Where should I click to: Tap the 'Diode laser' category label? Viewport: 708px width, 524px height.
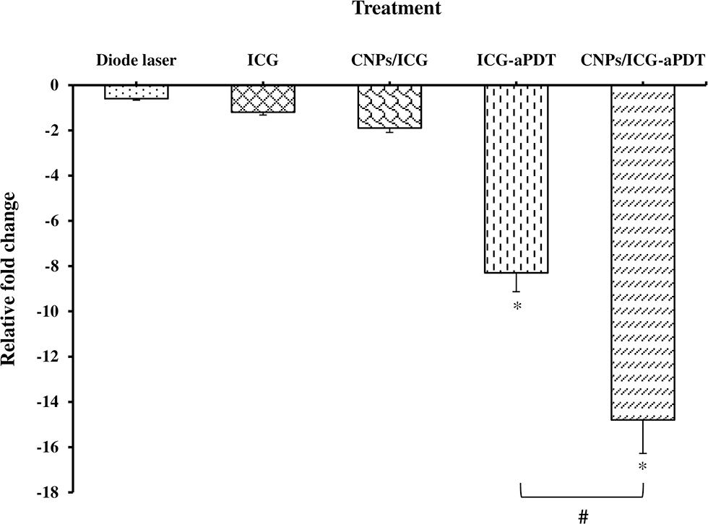[136, 61]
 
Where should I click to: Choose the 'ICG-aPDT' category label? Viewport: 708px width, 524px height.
[516, 61]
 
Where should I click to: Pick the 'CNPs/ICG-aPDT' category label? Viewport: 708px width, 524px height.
[642, 61]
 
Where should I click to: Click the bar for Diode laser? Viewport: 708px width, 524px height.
[137, 92]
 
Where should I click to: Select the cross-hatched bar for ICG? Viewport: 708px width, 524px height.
[263, 99]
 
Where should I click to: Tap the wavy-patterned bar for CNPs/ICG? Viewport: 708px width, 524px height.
[389, 107]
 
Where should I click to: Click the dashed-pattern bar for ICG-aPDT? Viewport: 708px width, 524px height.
[516, 179]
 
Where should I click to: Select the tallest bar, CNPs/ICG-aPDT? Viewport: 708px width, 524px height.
[642, 253]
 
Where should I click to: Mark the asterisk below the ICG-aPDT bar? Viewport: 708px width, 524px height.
[517, 306]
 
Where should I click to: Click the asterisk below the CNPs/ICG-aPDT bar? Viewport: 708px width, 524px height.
[642, 467]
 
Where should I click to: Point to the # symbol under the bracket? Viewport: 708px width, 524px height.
[582, 515]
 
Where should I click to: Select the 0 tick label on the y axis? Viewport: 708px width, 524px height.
[54, 85]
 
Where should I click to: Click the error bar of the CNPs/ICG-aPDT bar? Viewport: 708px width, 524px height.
[642, 437]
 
